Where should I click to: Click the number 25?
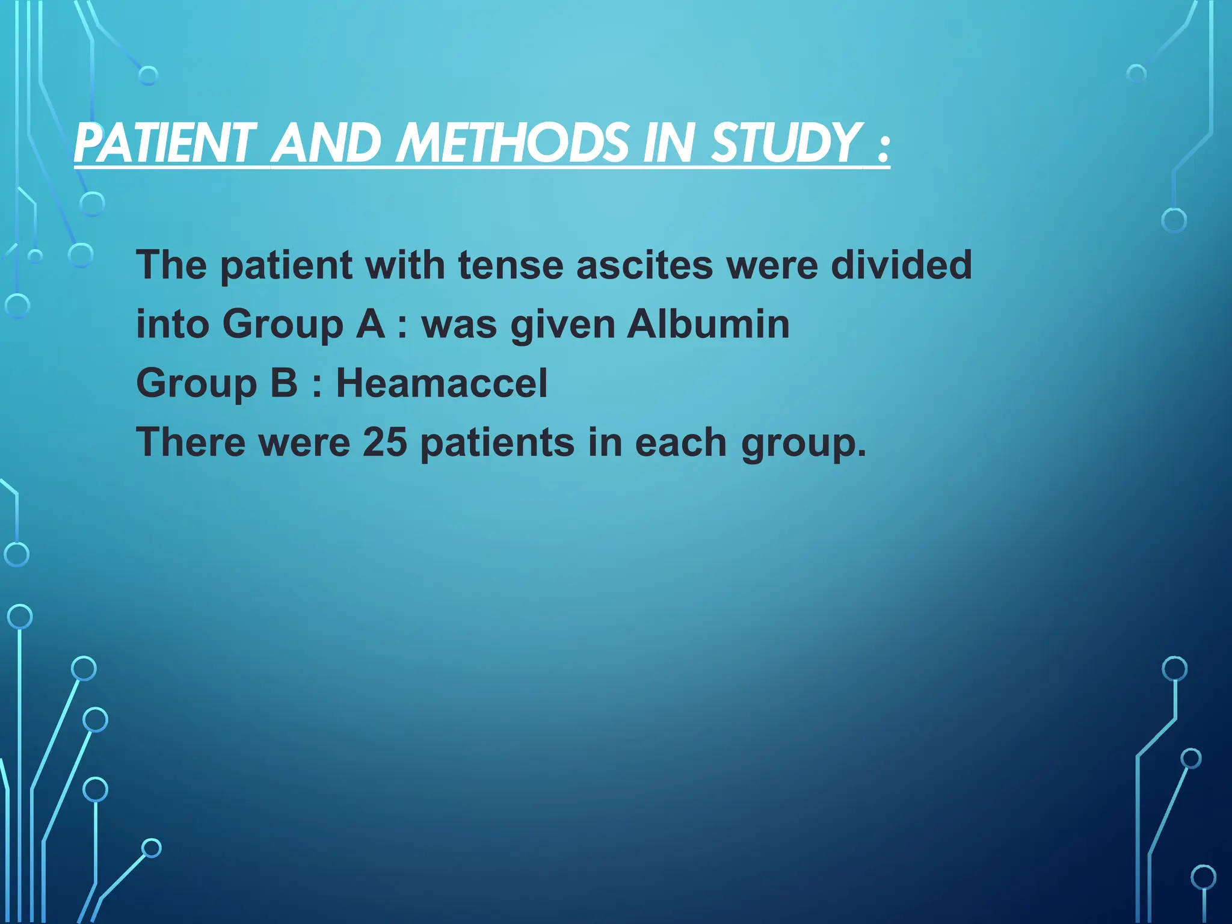point(385,442)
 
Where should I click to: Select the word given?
point(563,325)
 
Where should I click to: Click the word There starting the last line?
point(191,442)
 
